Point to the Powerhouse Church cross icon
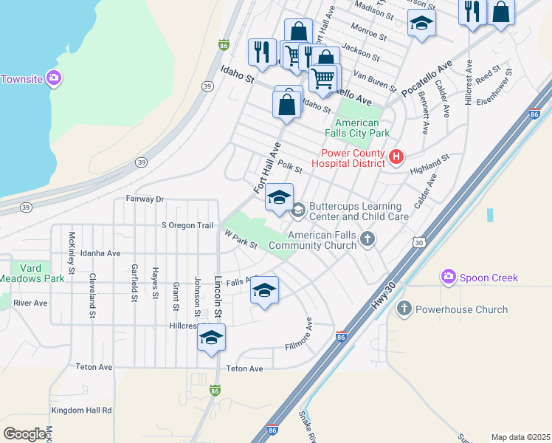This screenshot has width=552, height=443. tap(404, 309)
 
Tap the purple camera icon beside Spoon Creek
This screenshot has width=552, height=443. tap(447, 277)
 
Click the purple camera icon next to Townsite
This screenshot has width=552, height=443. tap(53, 78)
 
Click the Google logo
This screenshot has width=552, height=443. tap(24, 433)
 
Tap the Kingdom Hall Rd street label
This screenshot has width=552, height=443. tap(81, 410)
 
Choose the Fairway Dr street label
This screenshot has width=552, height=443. tap(144, 199)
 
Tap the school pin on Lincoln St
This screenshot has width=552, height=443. tap(211, 337)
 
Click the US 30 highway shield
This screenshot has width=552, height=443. tap(419, 241)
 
